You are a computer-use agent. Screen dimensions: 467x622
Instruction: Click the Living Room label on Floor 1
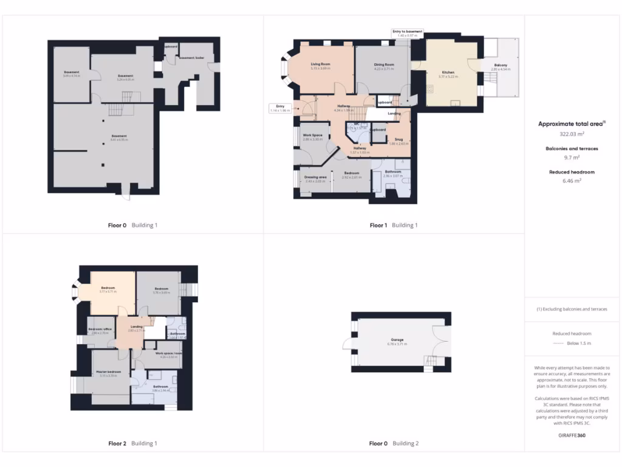(x=320, y=64)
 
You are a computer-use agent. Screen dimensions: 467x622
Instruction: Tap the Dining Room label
(x=383, y=64)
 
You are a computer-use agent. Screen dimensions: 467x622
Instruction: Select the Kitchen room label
(x=448, y=72)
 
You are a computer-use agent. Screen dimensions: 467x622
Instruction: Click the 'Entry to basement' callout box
(x=407, y=33)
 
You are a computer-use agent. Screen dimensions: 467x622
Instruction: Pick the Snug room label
(x=398, y=139)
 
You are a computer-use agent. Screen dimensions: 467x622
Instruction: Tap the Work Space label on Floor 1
(x=312, y=135)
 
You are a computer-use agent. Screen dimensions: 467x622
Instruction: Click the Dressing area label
(x=316, y=177)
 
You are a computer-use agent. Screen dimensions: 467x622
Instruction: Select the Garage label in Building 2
(x=397, y=340)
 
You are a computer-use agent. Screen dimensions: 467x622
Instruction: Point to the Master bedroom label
(x=108, y=372)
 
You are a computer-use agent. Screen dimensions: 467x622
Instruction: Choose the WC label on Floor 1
(x=357, y=124)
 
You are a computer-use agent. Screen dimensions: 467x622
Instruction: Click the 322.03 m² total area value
(x=572, y=134)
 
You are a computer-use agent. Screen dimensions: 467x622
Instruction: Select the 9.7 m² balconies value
(x=572, y=157)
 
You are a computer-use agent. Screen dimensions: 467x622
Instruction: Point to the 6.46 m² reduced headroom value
(x=572, y=181)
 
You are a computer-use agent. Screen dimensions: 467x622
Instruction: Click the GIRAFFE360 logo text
(x=572, y=435)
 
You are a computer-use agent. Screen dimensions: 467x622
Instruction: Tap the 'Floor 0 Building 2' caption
(x=394, y=443)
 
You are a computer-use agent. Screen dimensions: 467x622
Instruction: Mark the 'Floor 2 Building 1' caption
(x=132, y=443)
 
